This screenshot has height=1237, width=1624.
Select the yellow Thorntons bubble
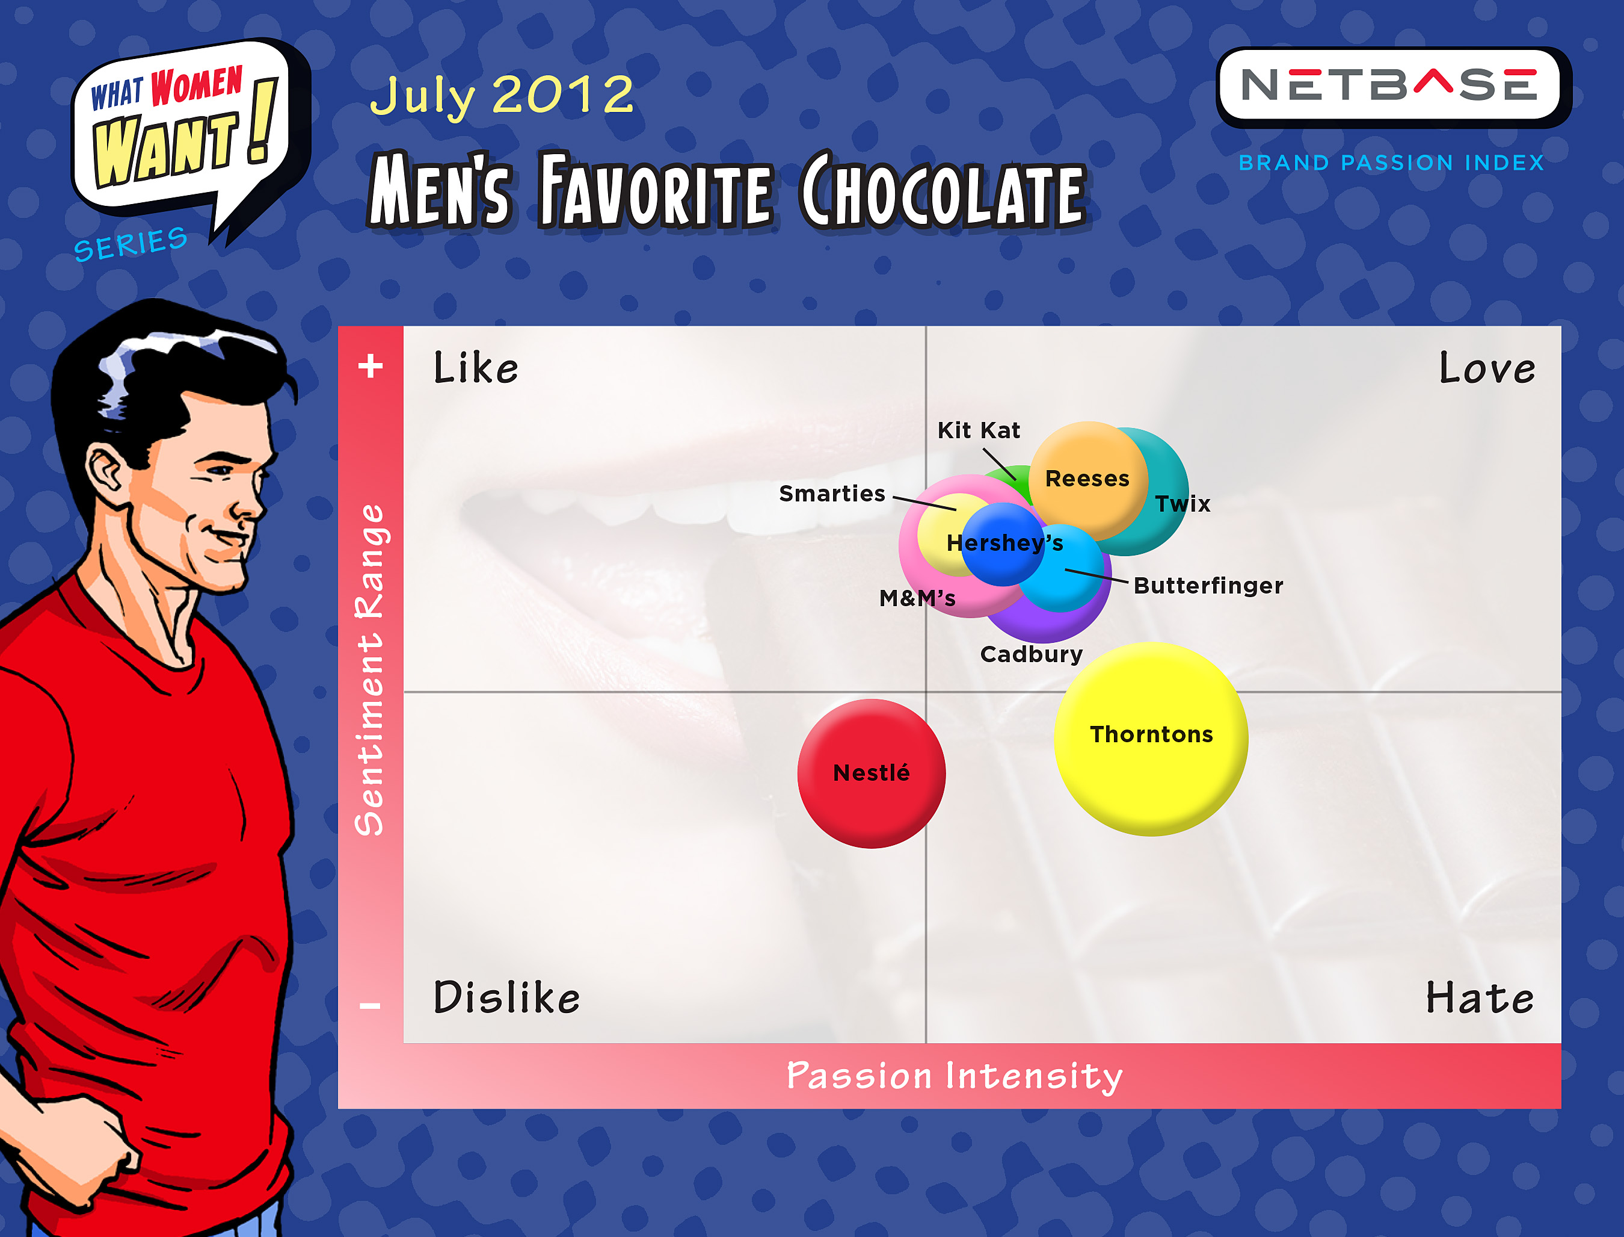pos(1151,739)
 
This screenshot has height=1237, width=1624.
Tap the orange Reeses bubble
pos(1088,481)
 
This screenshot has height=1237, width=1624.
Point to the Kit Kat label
pos(979,430)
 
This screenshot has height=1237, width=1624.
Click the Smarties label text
pos(832,494)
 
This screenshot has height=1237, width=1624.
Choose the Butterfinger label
pos(1208,585)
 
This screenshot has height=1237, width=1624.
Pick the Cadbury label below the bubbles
pos(1032,654)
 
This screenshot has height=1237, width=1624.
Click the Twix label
pos(1183,504)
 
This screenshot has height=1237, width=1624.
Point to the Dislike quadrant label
pos(506,997)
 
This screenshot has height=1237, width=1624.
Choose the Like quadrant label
pos(475,367)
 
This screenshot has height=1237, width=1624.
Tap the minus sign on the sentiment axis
pos(370,1006)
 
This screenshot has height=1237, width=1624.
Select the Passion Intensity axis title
pos(955,1076)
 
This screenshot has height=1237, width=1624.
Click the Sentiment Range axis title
pos(370,670)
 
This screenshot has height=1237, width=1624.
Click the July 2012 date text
pos(501,96)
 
